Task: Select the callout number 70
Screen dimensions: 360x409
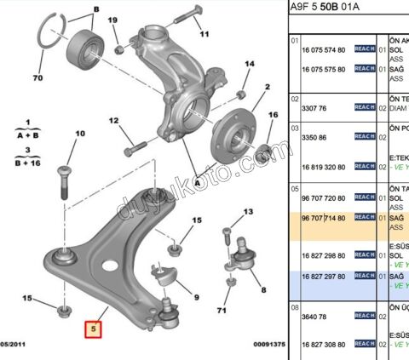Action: click(x=37, y=78)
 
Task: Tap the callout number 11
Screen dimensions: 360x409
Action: click(x=204, y=36)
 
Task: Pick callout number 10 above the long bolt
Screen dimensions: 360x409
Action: click(x=80, y=134)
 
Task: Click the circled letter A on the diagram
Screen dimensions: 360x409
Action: click(x=197, y=181)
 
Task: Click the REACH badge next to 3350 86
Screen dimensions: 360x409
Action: click(x=366, y=136)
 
